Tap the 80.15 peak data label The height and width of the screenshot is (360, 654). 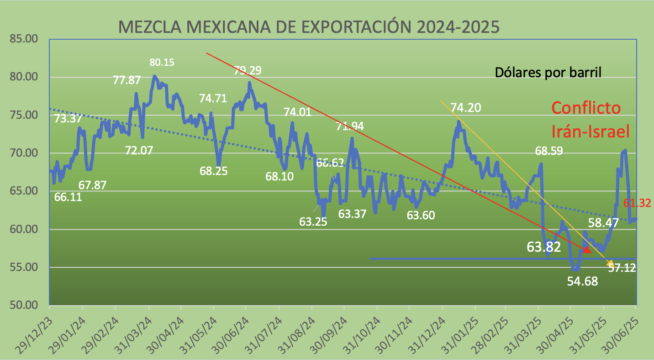point(162,63)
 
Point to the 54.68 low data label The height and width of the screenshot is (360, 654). point(582,281)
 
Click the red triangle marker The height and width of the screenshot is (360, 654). point(587,249)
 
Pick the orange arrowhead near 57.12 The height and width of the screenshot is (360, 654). point(610,262)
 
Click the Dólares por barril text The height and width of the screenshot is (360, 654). point(548,72)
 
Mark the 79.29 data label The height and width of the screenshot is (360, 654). point(248,70)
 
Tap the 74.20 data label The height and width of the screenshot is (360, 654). point(466,107)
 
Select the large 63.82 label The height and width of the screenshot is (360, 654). point(543,247)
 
